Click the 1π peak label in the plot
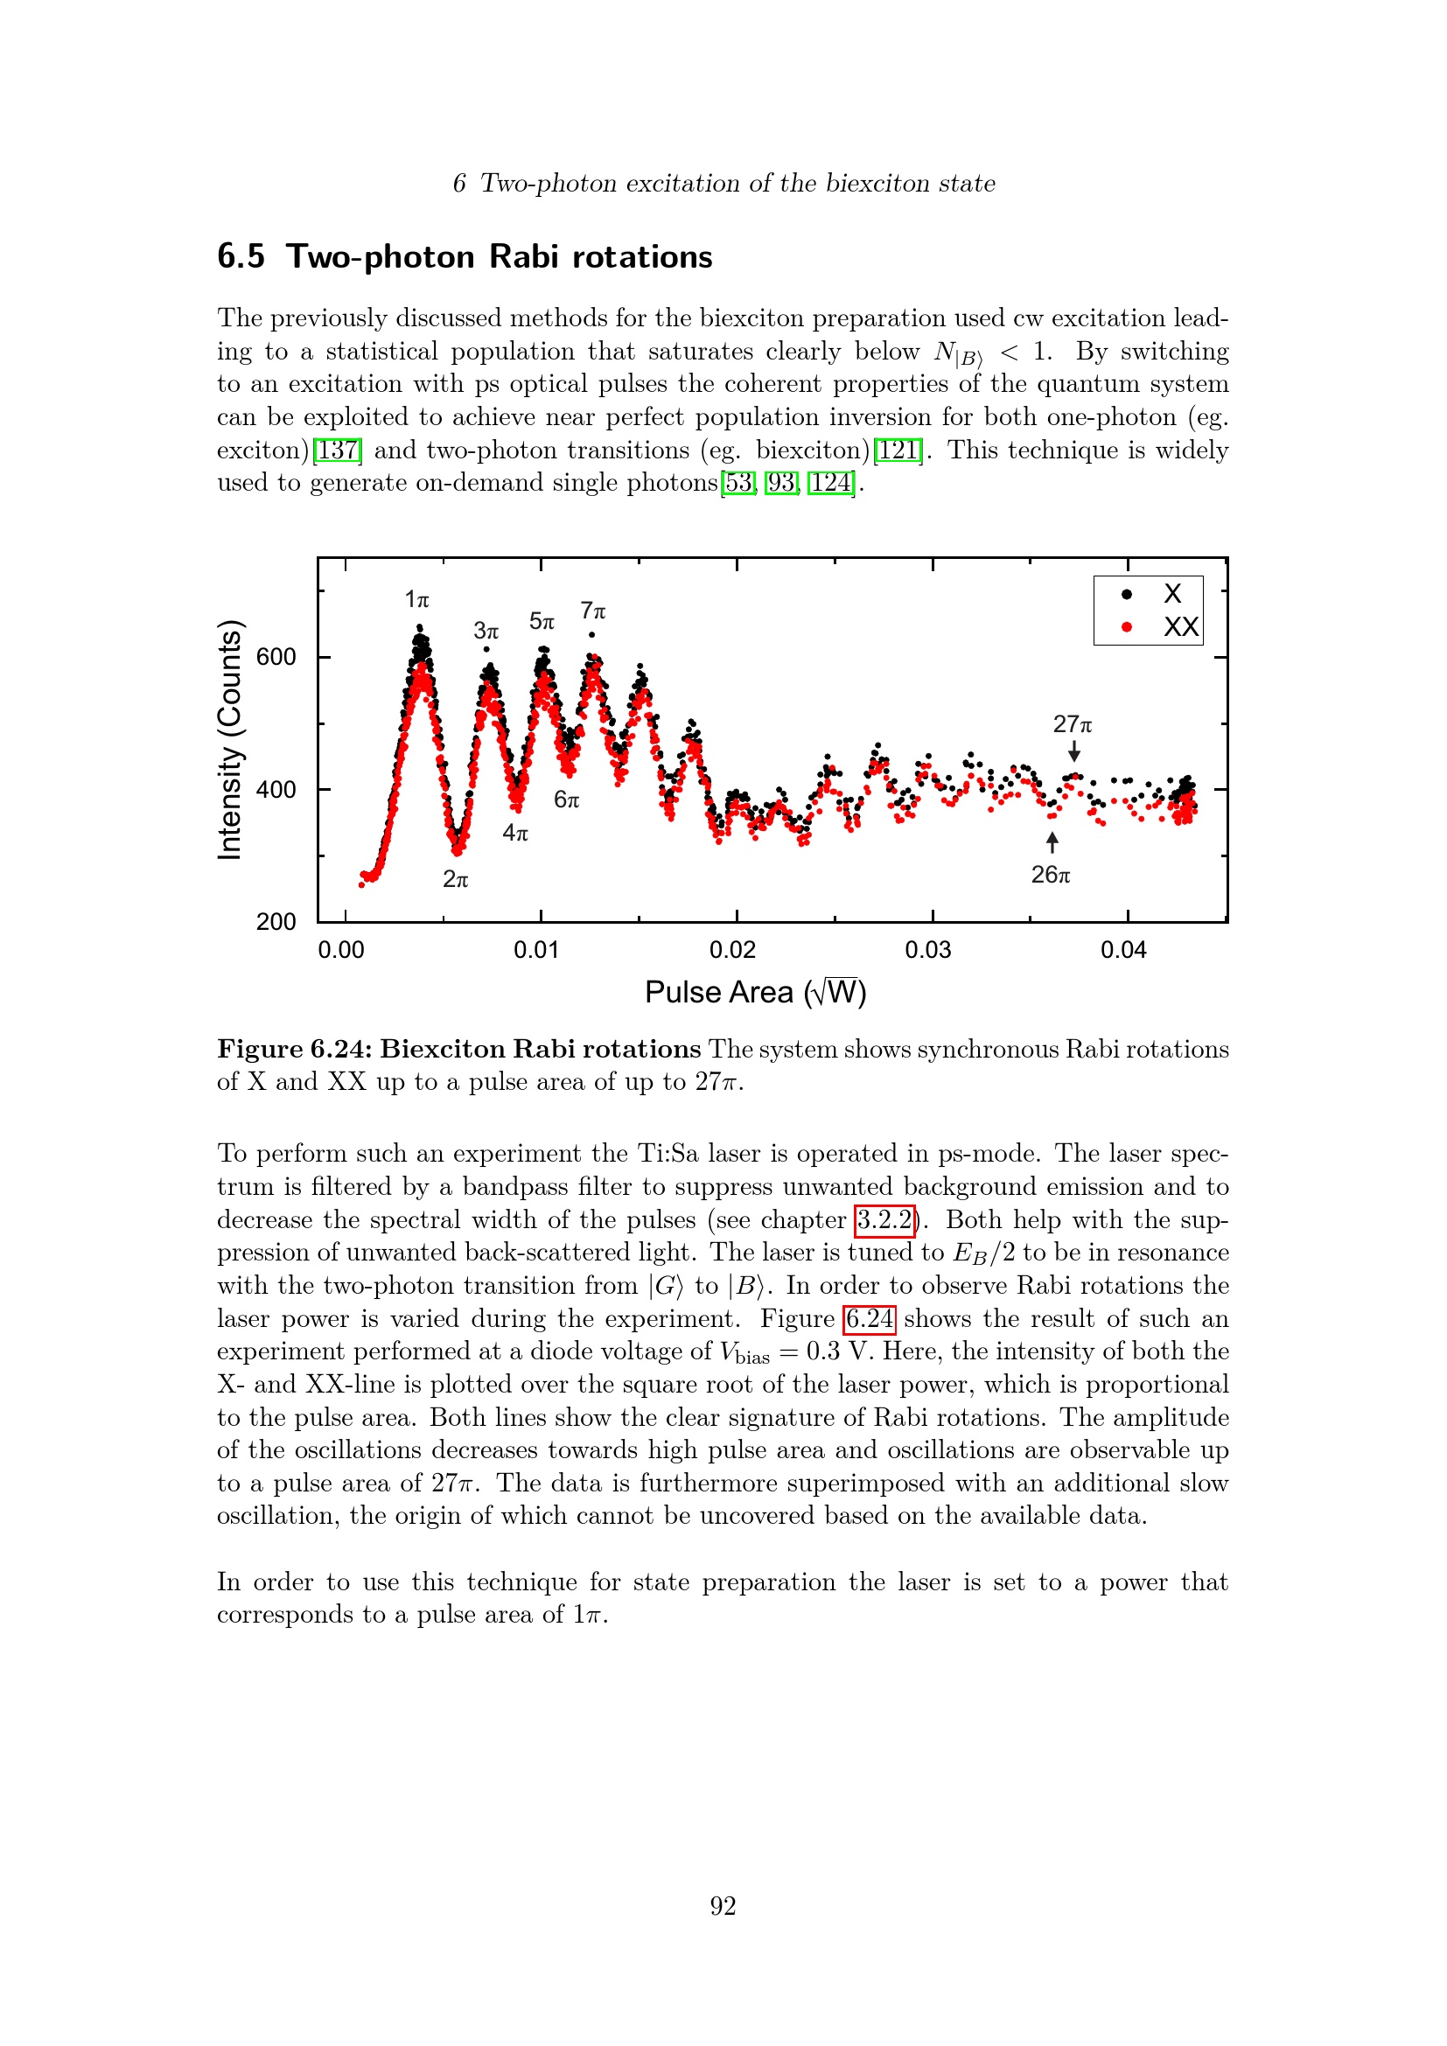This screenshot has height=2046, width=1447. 416,600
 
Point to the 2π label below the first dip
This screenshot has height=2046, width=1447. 455,879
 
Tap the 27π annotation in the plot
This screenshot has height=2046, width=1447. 1072,723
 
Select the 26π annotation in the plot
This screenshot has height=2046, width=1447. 1051,875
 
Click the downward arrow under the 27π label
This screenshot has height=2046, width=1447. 1074,751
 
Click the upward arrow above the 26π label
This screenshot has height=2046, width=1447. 1052,842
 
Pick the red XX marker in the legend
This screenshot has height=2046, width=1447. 1127,627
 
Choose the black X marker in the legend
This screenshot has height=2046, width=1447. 1127,594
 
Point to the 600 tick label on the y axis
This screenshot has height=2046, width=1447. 276,658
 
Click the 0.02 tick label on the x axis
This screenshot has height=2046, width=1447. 732,950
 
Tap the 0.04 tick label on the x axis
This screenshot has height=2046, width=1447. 1123,950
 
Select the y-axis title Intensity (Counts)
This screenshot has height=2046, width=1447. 230,740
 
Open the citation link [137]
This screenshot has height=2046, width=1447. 338,450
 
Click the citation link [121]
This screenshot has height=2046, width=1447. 898,450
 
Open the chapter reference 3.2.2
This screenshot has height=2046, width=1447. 884,1219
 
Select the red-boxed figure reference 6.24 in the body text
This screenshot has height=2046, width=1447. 869,1318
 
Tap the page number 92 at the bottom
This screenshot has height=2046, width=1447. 723,1906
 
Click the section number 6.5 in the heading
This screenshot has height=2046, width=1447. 241,256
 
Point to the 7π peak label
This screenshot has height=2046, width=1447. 592,611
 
